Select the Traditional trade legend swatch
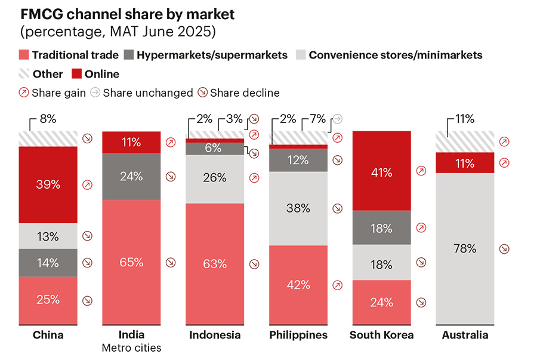tap(25, 56)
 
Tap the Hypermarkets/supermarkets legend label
tap(212, 56)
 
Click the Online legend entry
tap(95, 74)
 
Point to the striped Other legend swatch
tap(25, 74)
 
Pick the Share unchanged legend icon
tap(95, 93)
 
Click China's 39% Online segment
tap(48, 184)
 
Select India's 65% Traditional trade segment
tap(131, 262)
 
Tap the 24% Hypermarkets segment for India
tap(131, 176)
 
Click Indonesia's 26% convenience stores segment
tap(214, 178)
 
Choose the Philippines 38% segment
tap(298, 208)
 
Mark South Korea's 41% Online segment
tap(381, 173)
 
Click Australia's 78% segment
tap(465, 248)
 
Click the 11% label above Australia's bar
tap(464, 119)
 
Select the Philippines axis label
tap(298, 335)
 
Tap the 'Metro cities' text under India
tap(131, 348)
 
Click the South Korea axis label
tap(381, 335)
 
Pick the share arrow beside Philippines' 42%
tap(338, 285)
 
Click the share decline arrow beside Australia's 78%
tap(505, 249)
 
